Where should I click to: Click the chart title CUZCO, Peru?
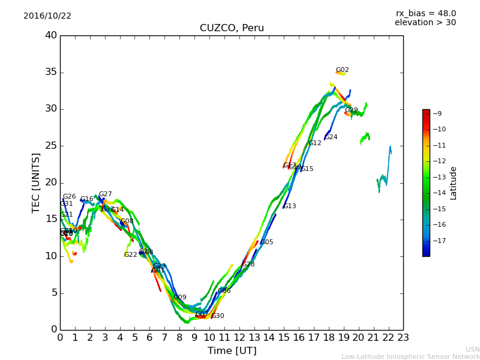[x=232, y=28]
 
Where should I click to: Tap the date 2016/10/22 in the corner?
[x=47, y=16]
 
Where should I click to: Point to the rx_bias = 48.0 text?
[x=425, y=14]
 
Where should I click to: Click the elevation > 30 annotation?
[x=425, y=23]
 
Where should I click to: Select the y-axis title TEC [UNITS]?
[x=36, y=182]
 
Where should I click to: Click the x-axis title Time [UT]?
[x=232, y=351]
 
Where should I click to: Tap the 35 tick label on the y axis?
[x=51, y=73]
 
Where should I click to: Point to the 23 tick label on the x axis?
[x=403, y=338]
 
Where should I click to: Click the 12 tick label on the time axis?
[x=239, y=338]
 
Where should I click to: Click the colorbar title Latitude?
[x=454, y=183]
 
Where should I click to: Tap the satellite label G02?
[x=342, y=70]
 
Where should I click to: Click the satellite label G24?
[x=331, y=137]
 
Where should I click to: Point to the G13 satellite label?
[x=290, y=206]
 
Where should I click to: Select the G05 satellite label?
[x=266, y=242]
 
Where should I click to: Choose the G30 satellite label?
[x=218, y=316]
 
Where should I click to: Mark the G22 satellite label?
[x=130, y=255]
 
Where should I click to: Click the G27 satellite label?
[x=105, y=194]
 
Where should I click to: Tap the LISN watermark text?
[x=472, y=349]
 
